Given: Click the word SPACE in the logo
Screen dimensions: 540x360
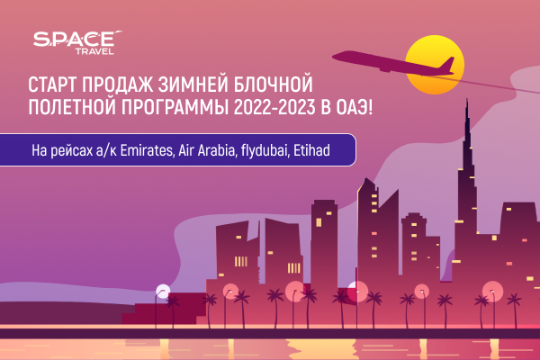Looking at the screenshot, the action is (x=74, y=39).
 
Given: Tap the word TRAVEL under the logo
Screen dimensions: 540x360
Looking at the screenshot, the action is (x=94, y=51).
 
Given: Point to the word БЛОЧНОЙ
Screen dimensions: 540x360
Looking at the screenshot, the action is (x=274, y=85).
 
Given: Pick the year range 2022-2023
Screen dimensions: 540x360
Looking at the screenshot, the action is (x=274, y=107).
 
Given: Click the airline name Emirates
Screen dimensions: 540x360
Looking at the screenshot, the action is (x=147, y=150).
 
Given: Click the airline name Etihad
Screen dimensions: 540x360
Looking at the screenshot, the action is (x=311, y=150).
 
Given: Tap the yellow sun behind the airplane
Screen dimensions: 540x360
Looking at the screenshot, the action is (x=435, y=65).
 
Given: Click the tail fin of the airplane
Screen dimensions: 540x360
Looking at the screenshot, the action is (x=447, y=66).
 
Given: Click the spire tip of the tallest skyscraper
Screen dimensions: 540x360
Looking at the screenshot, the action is (x=467, y=100).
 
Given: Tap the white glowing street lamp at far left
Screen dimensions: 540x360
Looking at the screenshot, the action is (x=163, y=292).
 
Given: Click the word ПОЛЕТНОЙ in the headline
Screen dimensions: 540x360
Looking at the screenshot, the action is (x=72, y=107).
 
